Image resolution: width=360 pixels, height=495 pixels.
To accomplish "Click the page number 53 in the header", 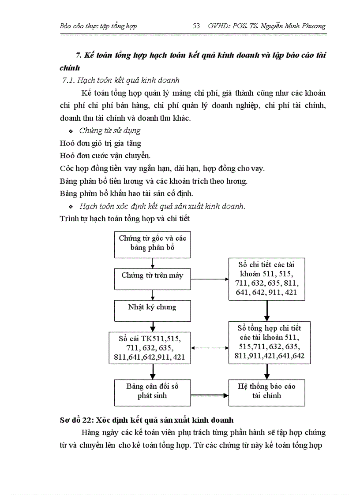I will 197,26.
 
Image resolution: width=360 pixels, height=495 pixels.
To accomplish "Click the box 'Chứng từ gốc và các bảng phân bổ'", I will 153,243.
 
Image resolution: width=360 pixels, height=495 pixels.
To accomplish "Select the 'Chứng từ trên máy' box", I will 153,275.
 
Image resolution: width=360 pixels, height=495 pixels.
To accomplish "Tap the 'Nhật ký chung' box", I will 153,307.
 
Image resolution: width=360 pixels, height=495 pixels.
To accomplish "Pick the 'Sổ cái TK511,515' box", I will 153,348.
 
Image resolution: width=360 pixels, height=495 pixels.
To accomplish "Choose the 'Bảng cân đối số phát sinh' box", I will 153,391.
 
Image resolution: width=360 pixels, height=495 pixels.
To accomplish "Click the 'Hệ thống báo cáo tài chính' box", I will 266,391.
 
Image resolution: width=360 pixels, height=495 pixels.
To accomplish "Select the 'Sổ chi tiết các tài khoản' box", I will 266,279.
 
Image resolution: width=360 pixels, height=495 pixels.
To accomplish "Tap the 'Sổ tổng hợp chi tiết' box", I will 266,342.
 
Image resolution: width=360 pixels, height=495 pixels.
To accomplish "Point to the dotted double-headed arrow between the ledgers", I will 210,348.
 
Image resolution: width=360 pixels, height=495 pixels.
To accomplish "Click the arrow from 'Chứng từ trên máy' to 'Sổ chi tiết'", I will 210,279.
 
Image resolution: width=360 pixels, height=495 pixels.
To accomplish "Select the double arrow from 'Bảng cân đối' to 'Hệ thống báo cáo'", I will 210,395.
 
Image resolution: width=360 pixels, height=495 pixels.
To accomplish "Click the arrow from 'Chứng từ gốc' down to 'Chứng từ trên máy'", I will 153,263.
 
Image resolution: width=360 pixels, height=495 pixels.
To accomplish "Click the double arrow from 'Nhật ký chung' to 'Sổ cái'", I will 153,327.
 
